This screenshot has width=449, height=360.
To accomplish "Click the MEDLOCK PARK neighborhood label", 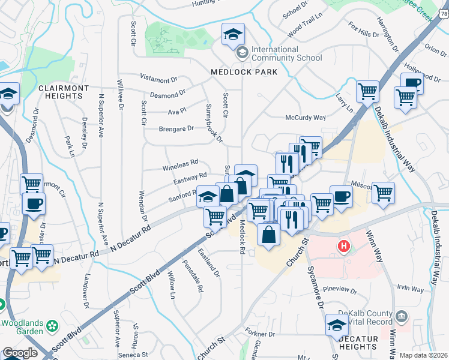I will [244, 72].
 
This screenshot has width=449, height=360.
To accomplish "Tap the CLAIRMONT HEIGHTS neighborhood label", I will [64, 92].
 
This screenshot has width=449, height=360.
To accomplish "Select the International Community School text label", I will [282, 54].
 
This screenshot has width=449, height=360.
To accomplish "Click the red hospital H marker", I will [344, 245].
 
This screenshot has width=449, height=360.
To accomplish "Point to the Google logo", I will [19, 353].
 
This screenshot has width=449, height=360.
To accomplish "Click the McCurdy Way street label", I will [305, 118].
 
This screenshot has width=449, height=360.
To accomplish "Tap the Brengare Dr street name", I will [176, 128].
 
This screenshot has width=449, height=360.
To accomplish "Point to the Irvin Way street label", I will [410, 289].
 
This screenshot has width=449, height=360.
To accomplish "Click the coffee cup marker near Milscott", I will [341, 196].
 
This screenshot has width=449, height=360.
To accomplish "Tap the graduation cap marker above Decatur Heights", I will [337, 326].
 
